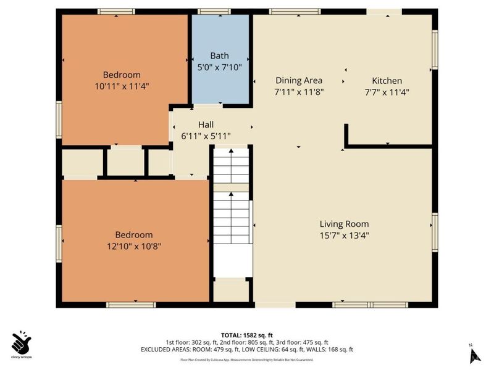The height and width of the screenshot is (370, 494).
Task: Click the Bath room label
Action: (x=219, y=55)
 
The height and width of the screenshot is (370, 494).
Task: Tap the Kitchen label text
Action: (x=387, y=81)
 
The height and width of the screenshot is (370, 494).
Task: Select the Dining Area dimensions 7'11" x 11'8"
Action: (x=299, y=92)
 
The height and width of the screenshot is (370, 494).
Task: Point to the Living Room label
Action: (x=344, y=224)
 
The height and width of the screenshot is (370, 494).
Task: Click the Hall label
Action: (x=206, y=124)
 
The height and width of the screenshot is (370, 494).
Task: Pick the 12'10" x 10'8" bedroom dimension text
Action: (x=134, y=246)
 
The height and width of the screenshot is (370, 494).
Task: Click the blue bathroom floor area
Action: (x=220, y=86)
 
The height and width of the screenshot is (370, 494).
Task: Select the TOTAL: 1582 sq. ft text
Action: (x=247, y=335)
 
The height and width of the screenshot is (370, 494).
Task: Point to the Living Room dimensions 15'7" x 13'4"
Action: (x=344, y=235)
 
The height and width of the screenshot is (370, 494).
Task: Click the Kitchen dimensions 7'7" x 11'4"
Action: (x=387, y=92)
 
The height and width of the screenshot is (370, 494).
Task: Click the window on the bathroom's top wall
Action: (x=214, y=11)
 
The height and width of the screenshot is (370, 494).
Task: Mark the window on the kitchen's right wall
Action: (x=435, y=49)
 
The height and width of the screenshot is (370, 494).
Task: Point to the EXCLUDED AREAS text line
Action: (x=247, y=350)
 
